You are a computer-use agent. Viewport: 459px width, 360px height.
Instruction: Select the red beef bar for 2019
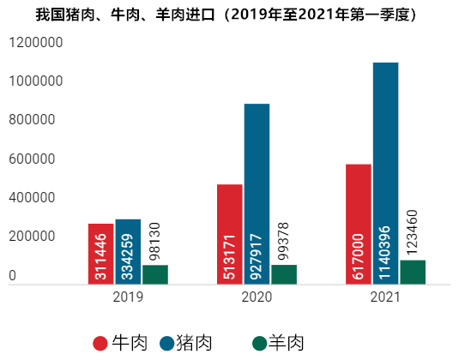(x=101, y=254)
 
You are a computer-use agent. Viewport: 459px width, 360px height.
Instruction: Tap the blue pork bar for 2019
(x=128, y=251)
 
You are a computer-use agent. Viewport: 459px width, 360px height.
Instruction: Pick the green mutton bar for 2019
(x=155, y=274)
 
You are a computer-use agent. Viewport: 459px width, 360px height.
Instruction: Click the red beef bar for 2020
(x=230, y=234)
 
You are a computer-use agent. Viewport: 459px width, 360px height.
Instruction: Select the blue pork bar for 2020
(x=257, y=194)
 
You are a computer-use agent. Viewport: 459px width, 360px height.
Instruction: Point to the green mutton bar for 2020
(x=284, y=274)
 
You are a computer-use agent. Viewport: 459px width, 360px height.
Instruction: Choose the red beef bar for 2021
(x=359, y=224)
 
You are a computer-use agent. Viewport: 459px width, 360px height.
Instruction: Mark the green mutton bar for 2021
(x=413, y=272)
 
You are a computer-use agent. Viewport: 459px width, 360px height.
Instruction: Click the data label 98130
(x=155, y=240)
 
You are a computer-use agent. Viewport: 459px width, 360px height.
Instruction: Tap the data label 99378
(x=284, y=240)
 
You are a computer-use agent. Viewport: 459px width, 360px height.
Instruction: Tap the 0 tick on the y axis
(x=13, y=276)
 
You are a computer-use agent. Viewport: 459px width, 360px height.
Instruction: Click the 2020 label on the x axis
(x=257, y=297)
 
